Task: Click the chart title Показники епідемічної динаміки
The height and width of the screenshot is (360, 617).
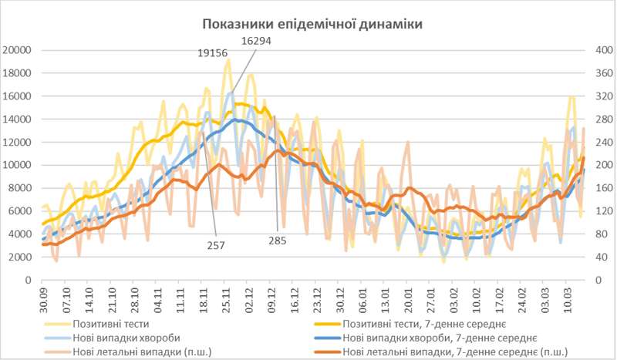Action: (312, 25)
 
